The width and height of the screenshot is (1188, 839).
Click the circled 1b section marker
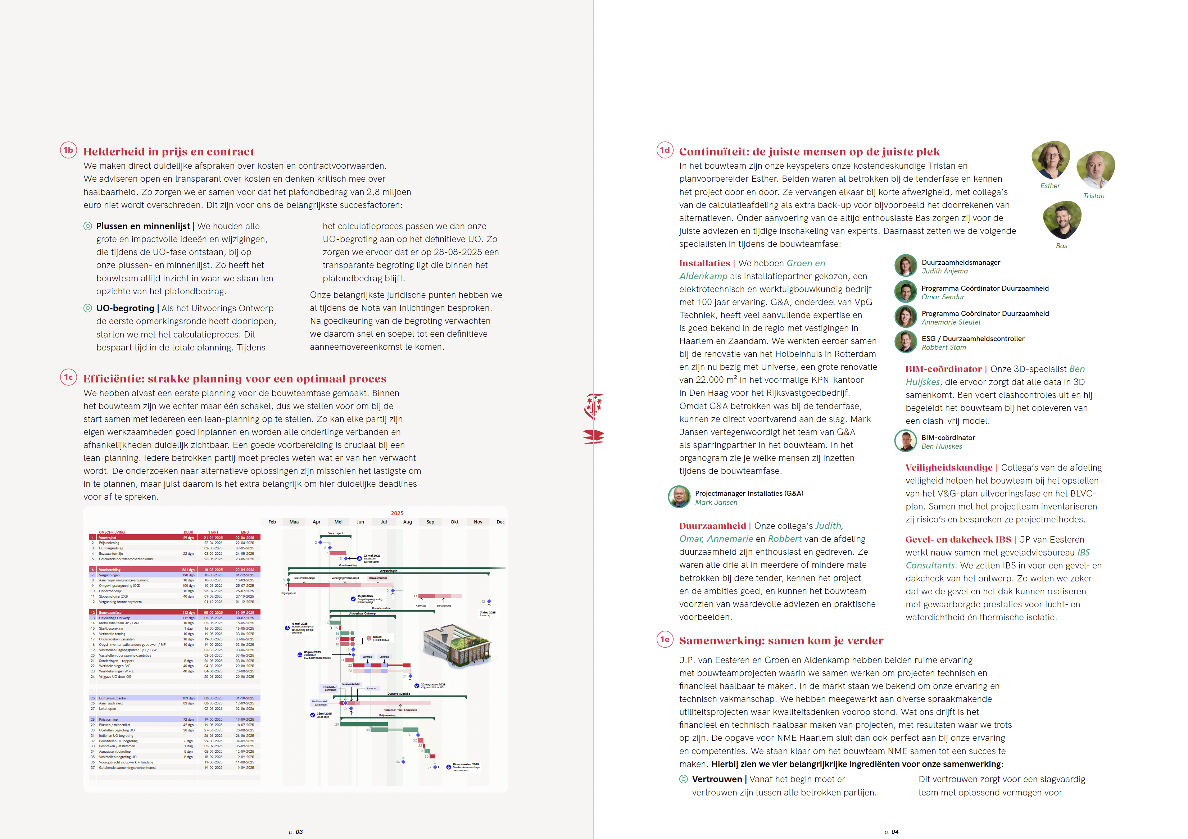point(68,150)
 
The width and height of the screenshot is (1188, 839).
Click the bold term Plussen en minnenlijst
point(143,226)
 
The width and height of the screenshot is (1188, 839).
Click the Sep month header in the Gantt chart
point(431,522)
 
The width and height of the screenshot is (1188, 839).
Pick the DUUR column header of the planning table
point(188,532)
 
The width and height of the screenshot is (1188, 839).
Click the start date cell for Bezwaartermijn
point(213,553)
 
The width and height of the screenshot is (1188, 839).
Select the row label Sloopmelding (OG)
point(113,597)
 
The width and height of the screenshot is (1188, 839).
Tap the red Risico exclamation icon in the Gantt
point(369,638)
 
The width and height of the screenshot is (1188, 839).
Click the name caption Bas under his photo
point(1061,246)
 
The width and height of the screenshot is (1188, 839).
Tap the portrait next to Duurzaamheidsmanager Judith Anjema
point(906,266)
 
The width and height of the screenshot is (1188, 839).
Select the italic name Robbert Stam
point(943,348)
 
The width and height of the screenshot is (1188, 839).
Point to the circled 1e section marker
point(665,639)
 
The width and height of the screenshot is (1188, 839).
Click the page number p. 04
point(891,832)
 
